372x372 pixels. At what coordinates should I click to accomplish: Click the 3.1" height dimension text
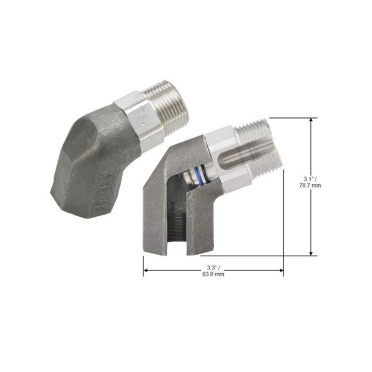[x=311, y=178]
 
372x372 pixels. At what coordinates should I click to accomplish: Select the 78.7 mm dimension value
[x=311, y=185]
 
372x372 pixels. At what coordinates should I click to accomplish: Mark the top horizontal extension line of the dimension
[x=295, y=118]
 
